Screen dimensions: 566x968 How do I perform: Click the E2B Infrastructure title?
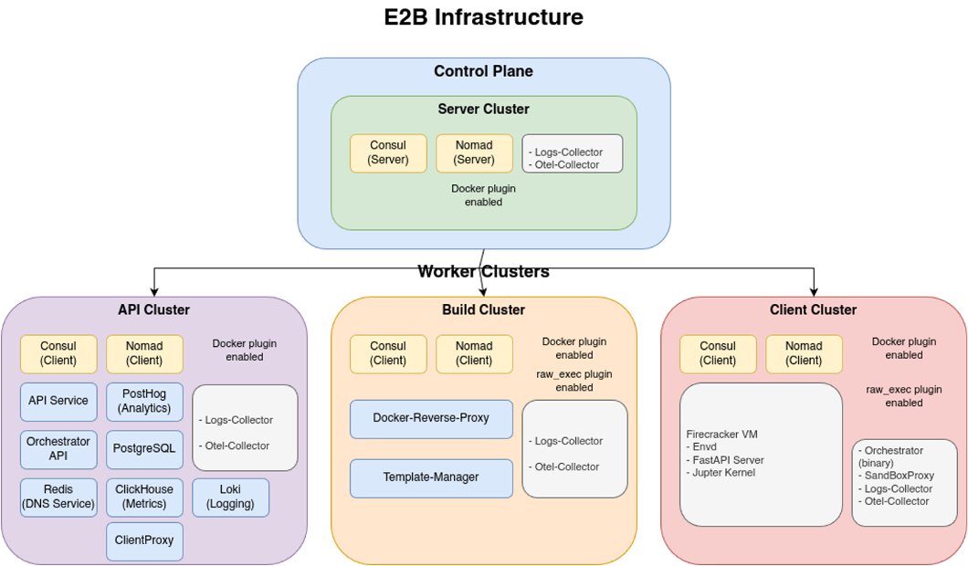[x=483, y=17]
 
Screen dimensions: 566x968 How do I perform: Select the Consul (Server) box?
[x=388, y=153]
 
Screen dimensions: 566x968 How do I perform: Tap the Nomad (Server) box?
[x=473, y=153]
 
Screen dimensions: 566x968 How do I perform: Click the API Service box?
[x=58, y=401]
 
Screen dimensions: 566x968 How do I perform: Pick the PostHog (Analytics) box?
[x=144, y=401]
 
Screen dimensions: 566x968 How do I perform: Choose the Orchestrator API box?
[x=58, y=449]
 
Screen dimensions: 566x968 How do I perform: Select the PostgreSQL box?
[x=144, y=449]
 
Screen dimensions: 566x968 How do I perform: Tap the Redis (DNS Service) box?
[x=58, y=497]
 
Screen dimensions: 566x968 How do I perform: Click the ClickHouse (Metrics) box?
[x=144, y=497]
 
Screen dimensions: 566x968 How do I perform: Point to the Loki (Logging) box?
[x=230, y=497]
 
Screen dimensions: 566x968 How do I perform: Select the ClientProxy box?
[x=144, y=540]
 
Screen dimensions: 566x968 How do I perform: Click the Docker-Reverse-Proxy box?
[x=431, y=418]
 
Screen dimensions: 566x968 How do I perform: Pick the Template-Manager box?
[x=431, y=477]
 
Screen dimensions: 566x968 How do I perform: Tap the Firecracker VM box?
[x=761, y=454]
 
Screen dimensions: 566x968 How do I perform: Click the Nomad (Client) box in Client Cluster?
[x=804, y=353]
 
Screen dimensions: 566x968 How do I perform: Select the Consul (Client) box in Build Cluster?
[x=388, y=353]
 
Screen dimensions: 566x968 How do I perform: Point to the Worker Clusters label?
[x=483, y=272]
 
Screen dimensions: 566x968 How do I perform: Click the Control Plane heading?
[x=483, y=71]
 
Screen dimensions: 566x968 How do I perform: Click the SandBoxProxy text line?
[x=898, y=476]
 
